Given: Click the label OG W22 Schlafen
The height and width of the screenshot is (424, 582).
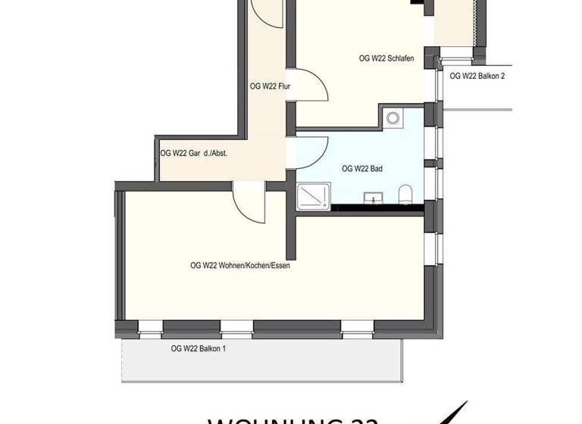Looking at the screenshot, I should (x=386, y=58).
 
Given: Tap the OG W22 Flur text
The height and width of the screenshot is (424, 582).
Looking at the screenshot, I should (x=271, y=86).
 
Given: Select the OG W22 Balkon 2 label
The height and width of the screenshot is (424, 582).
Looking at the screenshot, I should (x=477, y=76).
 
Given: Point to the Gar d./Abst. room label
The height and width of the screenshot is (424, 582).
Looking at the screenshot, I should (x=194, y=153).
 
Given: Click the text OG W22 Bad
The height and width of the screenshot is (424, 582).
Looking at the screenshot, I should (x=361, y=169).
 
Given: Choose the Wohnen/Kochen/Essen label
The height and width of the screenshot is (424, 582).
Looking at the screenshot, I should (x=240, y=266).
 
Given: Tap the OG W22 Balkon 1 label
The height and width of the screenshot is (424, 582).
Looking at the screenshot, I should (x=199, y=348).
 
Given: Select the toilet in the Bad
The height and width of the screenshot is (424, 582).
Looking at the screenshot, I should (x=405, y=194).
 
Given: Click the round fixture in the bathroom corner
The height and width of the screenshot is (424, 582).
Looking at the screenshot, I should (x=393, y=117).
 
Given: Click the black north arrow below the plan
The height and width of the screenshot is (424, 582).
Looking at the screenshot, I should (x=451, y=413).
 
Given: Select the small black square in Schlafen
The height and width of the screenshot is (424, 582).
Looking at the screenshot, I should (x=417, y=3).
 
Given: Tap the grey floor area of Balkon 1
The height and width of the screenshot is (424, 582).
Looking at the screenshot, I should (x=265, y=363).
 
